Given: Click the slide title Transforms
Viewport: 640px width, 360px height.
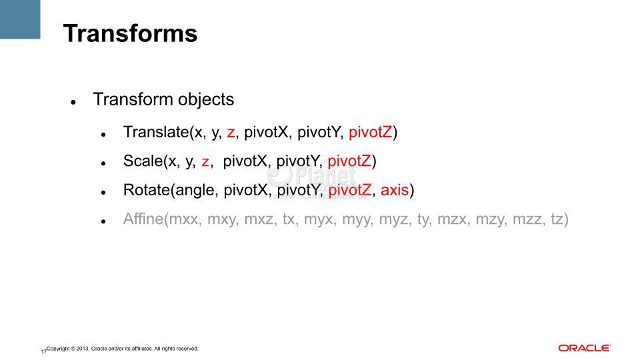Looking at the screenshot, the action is coord(130,33).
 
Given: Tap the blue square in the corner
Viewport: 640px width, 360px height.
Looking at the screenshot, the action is coord(20,19).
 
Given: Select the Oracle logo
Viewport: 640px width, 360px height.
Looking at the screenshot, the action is coord(585,348).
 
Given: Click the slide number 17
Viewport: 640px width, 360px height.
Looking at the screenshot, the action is coord(43,351).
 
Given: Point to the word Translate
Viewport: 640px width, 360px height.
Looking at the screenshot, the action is coord(156,132).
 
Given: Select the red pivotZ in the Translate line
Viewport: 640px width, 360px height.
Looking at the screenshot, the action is coord(370,132).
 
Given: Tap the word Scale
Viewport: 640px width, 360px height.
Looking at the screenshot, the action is coord(143,161).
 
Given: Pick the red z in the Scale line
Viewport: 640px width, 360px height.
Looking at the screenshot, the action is coord(205,162).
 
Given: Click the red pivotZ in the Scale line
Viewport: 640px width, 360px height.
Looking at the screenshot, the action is coord(349,161).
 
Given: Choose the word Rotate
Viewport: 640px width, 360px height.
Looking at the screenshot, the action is coord(147,190).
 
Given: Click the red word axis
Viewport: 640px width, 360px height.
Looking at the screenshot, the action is coord(395,190).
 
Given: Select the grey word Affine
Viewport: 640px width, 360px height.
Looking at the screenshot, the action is coord(143,219).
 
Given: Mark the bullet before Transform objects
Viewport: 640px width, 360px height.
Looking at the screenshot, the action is coord(73,102).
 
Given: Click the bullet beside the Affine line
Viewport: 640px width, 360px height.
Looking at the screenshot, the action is coord(104,221).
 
